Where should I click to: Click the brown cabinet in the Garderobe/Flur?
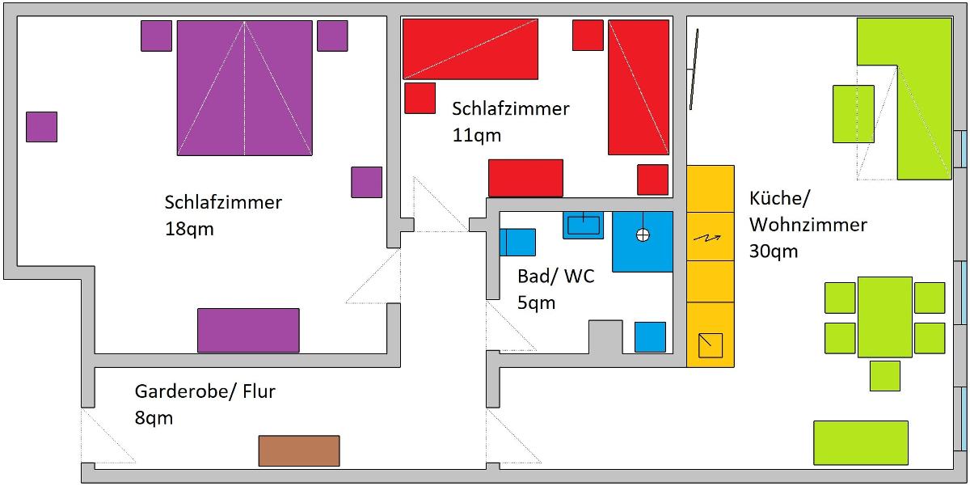[x=299, y=450]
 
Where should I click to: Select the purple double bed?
[x=245, y=87]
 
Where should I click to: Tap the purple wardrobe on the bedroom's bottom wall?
[x=248, y=330]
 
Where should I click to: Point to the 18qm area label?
[x=188, y=229]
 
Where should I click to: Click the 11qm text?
[x=477, y=135]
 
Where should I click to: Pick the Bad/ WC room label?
[x=556, y=277]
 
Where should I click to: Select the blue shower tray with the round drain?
[x=643, y=241]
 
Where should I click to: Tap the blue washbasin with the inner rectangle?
[x=583, y=225]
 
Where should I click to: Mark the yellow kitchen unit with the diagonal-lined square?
[x=711, y=344]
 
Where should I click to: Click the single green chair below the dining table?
[x=885, y=375]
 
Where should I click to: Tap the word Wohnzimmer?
[x=808, y=224]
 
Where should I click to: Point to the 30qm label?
[x=774, y=251]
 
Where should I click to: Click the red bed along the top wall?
[x=470, y=49]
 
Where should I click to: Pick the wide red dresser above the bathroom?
[x=525, y=178]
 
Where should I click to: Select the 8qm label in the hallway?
[x=154, y=418]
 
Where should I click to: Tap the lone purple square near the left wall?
[x=41, y=127]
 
